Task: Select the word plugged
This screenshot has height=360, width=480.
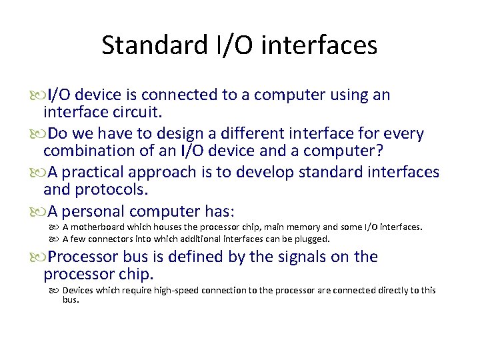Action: coord(313,239)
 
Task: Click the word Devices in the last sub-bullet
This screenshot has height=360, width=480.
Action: coord(78,290)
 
